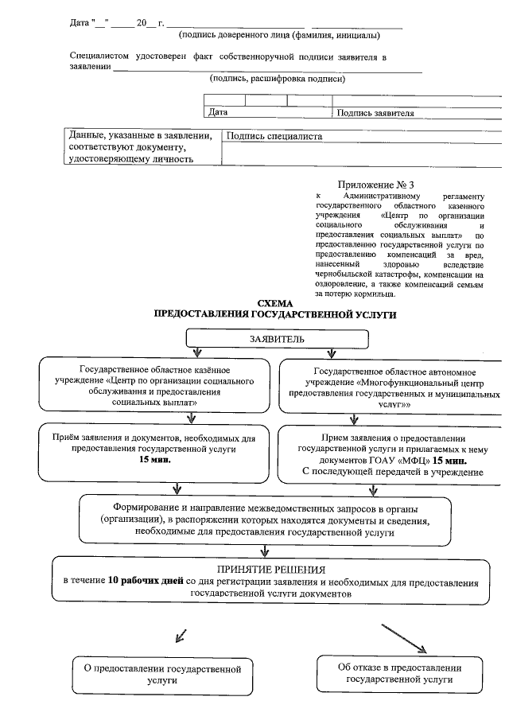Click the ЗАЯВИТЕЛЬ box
click(x=277, y=340)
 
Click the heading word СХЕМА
click(x=276, y=303)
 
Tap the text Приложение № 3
click(x=376, y=185)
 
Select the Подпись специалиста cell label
click(x=274, y=137)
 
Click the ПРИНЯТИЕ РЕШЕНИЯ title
click(x=271, y=570)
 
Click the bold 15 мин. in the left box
click(x=155, y=461)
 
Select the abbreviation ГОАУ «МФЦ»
click(x=397, y=461)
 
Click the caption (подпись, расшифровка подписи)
click(x=277, y=80)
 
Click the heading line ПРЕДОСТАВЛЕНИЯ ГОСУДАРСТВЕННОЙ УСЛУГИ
click(x=275, y=315)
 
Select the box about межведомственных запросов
click(x=266, y=520)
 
